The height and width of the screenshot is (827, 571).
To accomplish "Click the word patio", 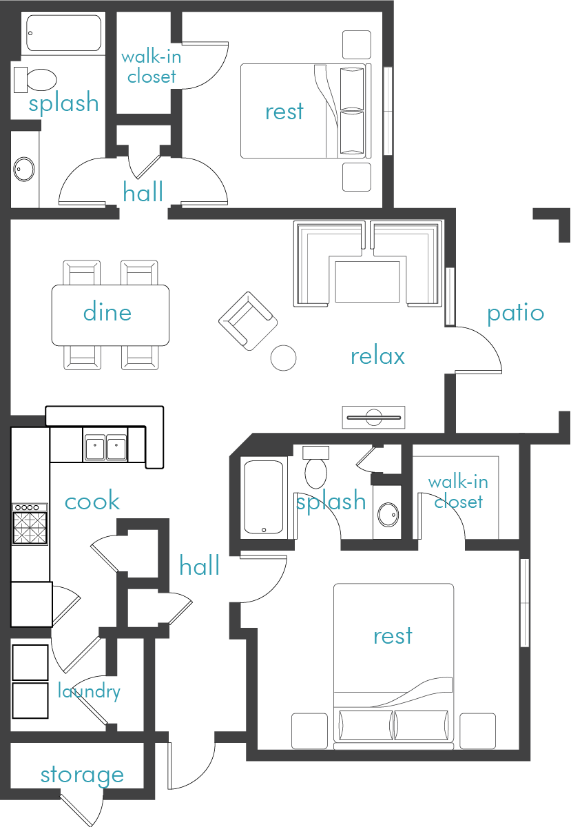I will click(515, 314).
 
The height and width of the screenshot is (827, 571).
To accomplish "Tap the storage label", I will click(82, 775).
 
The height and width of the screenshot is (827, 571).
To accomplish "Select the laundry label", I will click(89, 691).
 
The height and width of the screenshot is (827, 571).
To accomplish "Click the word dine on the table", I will click(107, 312).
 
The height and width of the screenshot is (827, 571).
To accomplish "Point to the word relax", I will click(377, 356).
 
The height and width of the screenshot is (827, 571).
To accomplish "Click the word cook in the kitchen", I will click(92, 501).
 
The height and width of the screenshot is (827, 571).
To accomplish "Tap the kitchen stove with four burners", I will click(30, 525).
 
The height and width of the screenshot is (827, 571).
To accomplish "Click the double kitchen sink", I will click(106, 446).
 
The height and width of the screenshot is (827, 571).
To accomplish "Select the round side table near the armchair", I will click(283, 357).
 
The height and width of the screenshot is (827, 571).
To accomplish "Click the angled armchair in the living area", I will click(247, 320).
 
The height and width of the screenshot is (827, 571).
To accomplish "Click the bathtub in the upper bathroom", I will click(63, 32).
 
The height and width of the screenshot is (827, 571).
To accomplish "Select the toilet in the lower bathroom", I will click(316, 469).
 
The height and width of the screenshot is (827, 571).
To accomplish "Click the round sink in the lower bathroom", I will click(388, 513).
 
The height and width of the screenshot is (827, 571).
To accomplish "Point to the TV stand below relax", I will click(374, 417).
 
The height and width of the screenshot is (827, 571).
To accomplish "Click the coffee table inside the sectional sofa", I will click(366, 281).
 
